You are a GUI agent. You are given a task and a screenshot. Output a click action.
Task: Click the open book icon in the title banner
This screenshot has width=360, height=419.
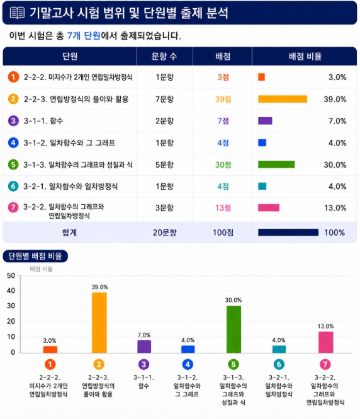[x=18, y=13]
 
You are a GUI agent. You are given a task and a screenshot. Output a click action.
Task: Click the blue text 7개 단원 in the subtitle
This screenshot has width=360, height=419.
[x=84, y=35]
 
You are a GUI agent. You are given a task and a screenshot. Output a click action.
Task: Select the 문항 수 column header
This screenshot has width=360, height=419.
[x=164, y=56]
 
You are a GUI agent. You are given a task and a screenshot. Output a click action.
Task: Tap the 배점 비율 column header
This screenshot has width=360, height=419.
[x=305, y=56]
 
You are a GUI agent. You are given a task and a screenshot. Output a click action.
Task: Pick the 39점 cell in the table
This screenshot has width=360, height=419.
[x=223, y=99]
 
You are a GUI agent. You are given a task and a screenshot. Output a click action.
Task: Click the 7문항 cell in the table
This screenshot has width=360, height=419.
[x=165, y=99]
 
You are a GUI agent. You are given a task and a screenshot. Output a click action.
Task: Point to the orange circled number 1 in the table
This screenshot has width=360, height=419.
[x=13, y=77]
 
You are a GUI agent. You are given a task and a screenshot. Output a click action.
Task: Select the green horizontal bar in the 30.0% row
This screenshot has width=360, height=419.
[x=276, y=164]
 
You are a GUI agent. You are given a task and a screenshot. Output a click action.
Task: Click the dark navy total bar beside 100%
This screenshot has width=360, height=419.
[x=288, y=232]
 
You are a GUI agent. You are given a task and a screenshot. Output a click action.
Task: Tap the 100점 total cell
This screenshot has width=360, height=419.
[x=223, y=232]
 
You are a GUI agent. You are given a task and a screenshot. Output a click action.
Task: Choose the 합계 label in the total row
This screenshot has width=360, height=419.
[x=69, y=232]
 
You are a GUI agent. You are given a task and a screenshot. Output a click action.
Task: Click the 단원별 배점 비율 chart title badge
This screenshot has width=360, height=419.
[x=35, y=256]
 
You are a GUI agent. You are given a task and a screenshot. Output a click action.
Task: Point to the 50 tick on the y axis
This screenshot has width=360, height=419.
[x=11, y=275]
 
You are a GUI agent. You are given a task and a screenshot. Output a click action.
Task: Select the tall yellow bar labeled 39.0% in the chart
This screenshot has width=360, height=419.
[x=99, y=323]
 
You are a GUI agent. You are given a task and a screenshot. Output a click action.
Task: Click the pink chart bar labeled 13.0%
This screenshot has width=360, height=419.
[x=326, y=342]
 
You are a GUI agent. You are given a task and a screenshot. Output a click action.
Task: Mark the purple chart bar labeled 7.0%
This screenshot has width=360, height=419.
[x=144, y=347]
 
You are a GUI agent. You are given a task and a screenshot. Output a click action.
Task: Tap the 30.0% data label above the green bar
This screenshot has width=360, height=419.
[x=233, y=300]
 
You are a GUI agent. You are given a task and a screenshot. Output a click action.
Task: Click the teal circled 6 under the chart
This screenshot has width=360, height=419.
[x=279, y=364]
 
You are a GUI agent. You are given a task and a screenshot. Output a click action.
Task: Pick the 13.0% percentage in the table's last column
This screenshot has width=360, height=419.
[x=335, y=208]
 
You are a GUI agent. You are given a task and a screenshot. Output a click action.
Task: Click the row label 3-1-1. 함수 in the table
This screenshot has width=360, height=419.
[x=43, y=121]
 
